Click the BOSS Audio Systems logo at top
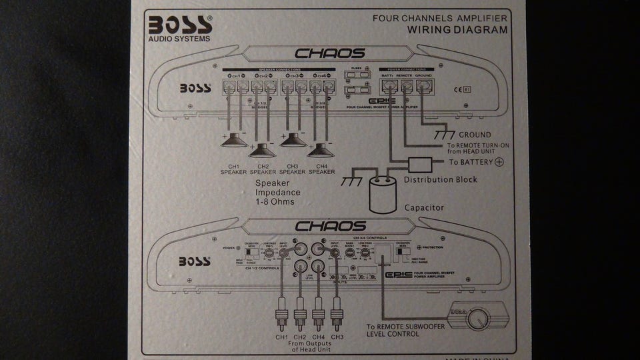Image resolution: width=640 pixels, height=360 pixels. point(180,27)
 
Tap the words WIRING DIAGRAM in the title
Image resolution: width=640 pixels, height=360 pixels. point(457,30)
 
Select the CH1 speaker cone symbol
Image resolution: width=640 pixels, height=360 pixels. point(235,140)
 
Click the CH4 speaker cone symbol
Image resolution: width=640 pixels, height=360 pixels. point(321,149)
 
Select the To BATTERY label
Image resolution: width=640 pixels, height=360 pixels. point(470,162)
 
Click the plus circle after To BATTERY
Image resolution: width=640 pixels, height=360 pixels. point(499,162)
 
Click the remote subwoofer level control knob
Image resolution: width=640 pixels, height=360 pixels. point(479,319)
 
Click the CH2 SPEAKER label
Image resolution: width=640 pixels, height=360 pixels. point(262,169)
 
